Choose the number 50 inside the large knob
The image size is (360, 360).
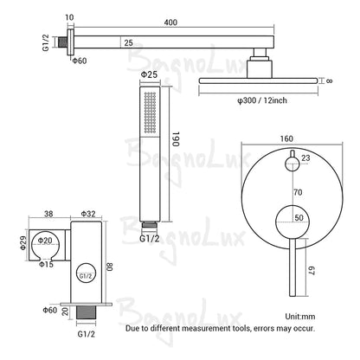(x=299, y=218)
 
